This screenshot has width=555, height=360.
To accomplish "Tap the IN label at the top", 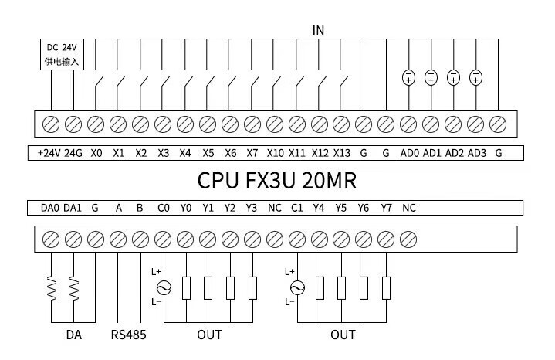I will coord(318,30).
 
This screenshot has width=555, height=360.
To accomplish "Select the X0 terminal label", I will coord(96,153).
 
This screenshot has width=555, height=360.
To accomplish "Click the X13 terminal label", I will coord(342,153).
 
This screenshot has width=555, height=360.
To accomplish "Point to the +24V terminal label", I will coord(49,153).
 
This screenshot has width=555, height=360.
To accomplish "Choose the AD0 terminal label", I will coord(410,153).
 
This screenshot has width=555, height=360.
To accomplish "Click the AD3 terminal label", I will coord(477,153).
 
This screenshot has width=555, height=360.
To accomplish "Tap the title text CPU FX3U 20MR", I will coord(277,181).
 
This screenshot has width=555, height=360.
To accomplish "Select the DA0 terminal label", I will coord(49,208).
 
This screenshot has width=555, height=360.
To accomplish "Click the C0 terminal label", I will coord(163,208).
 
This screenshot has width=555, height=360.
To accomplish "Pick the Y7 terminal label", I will coord(387,208).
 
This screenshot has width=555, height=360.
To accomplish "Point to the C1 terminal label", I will coord(297,208).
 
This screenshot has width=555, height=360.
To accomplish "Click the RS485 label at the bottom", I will coord(128,335).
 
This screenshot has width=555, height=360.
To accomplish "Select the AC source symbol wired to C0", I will coord(163,287).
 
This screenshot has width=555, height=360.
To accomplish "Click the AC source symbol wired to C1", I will coord(297,287).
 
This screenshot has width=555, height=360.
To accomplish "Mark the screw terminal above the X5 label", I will coord(208,124).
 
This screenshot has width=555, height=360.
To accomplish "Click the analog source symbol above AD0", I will coord(409,76).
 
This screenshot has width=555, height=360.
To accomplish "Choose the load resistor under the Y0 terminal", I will coord(185,287).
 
